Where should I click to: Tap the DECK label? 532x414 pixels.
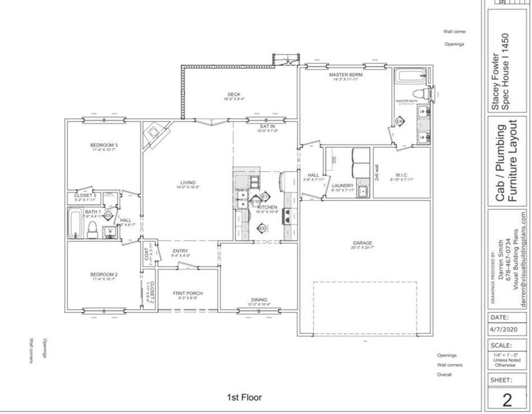coord(233,94)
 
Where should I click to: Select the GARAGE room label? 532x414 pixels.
coord(362,243)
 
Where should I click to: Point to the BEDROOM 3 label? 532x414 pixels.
coord(104,145)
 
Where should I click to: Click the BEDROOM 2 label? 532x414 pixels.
coord(104,275)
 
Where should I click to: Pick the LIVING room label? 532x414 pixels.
coord(187,182)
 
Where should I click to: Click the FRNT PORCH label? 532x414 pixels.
coord(187,293)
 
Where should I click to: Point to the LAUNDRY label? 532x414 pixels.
coord(342,185)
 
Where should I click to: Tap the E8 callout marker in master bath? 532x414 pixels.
coord(399,121)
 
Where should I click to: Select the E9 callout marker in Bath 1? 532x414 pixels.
coord(109,215)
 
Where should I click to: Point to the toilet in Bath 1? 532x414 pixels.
coord(92,229)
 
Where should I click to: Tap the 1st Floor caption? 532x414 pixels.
coord(243,397)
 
